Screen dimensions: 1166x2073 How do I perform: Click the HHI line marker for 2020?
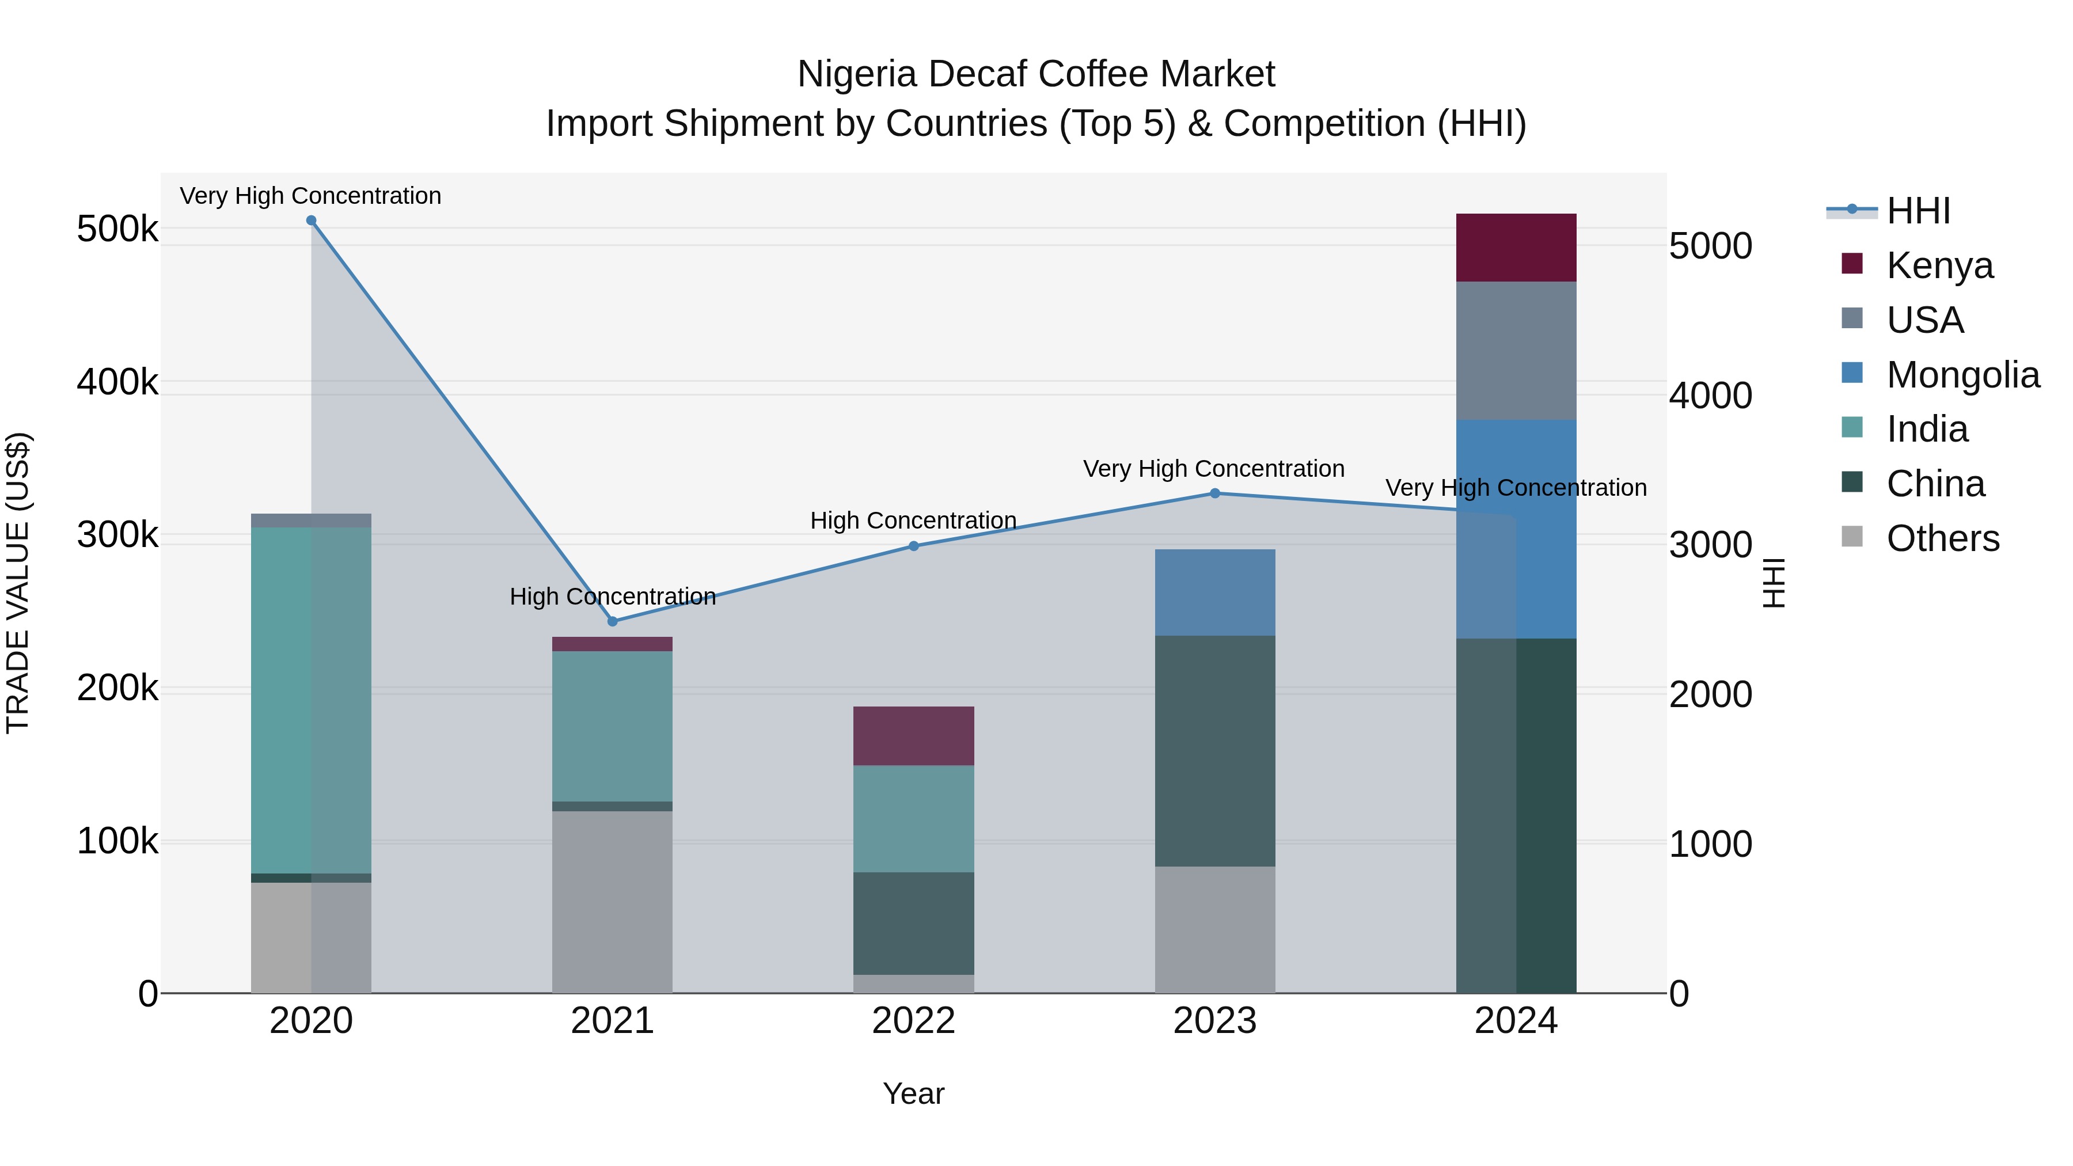click(312, 221)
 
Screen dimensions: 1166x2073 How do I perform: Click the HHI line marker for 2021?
click(613, 621)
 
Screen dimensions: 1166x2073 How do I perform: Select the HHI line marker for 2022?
click(913, 546)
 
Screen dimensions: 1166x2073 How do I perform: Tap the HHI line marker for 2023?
click(1215, 493)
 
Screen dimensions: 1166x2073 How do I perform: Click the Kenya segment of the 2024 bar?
click(1516, 248)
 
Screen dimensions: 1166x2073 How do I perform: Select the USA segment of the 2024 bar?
click(1516, 351)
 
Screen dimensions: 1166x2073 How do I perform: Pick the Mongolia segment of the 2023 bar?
click(1215, 593)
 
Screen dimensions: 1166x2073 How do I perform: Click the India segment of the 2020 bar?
click(312, 700)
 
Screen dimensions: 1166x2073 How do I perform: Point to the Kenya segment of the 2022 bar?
click(913, 735)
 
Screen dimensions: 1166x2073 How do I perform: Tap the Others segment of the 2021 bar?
click(613, 901)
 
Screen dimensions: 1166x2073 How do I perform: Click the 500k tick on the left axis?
click(117, 229)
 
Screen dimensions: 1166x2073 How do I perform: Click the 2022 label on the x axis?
click(913, 1021)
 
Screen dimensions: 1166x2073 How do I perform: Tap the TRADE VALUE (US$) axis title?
click(18, 583)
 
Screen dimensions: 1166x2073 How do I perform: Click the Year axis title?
click(913, 1093)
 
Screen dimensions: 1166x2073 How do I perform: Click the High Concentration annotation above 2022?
click(913, 521)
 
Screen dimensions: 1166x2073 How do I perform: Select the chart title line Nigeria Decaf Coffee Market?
click(1036, 74)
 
